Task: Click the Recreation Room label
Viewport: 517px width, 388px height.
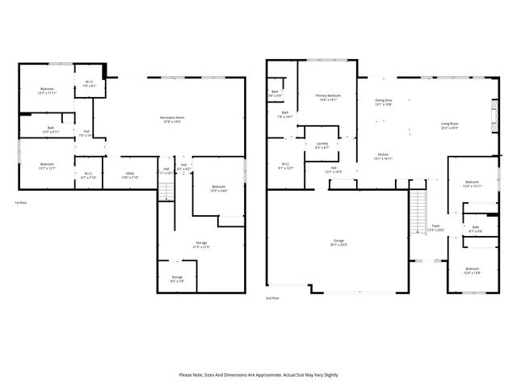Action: pos(170,120)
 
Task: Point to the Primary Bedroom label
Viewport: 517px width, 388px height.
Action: pos(327,97)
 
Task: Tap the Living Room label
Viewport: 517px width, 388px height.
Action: pos(449,125)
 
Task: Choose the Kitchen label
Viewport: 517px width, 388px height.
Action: pos(383,157)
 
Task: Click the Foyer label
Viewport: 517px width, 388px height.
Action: pos(435,228)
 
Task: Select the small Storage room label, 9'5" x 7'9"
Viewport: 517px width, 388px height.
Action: pos(177,279)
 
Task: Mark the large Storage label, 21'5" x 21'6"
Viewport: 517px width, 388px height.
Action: pos(201,245)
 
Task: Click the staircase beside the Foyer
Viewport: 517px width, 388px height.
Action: pos(418,213)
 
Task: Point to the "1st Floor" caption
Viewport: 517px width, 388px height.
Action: pos(21,202)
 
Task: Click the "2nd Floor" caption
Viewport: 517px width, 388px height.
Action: pos(273,298)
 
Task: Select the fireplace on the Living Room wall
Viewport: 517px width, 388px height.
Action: pos(494,115)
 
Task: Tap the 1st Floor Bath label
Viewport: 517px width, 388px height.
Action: pos(50,129)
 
